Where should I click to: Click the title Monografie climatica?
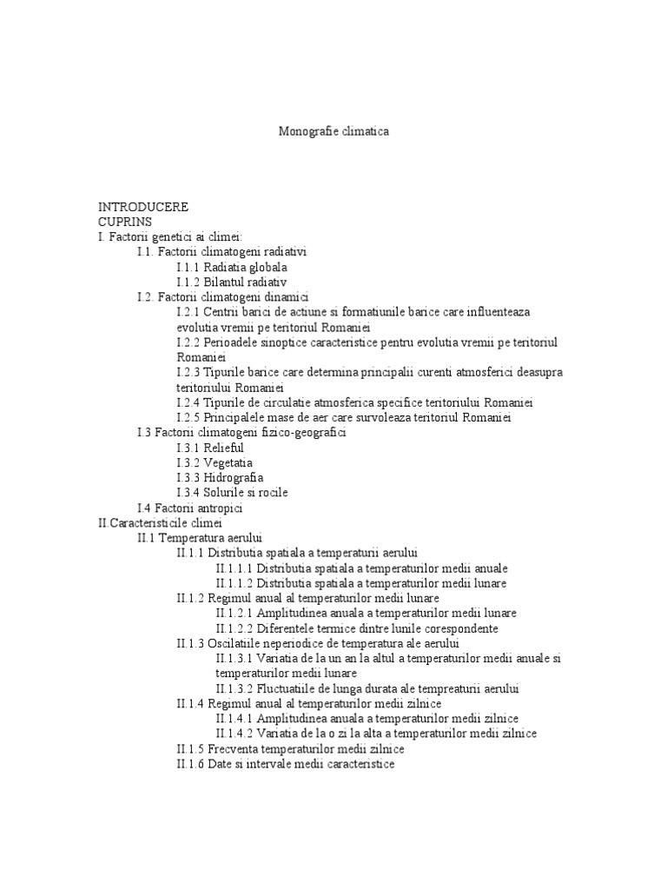[333, 132]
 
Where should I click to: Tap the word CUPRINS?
[125, 222]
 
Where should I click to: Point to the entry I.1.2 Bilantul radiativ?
[231, 282]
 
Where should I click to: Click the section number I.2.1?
[188, 311]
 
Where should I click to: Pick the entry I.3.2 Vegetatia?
[216, 462]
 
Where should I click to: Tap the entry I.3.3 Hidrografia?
[220, 477]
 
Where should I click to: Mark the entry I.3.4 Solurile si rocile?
[232, 492]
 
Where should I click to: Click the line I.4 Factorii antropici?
[189, 508]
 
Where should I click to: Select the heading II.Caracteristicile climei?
[161, 523]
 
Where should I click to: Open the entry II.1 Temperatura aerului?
[200, 538]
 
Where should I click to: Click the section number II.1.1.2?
[234, 583]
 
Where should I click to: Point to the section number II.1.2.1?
[234, 613]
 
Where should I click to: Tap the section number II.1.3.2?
[234, 688]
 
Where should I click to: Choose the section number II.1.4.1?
[234, 719]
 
